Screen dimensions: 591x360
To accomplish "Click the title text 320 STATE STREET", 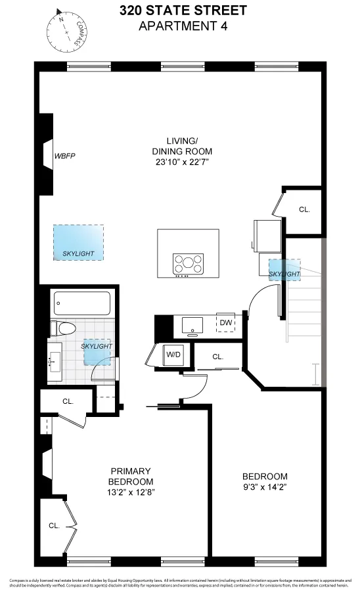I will [x=183, y=11].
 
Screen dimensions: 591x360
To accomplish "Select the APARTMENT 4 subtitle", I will [x=183, y=26].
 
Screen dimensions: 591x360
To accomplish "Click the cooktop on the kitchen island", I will [x=188, y=264].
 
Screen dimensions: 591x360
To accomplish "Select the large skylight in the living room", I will [x=78, y=243].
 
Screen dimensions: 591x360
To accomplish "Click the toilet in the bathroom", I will [x=64, y=329].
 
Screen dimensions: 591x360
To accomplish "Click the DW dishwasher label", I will [x=225, y=322].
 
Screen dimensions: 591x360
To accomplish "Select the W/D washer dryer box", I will [x=173, y=355].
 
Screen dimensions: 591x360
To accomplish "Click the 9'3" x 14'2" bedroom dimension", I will [x=265, y=488].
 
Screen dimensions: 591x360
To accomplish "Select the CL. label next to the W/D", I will [x=218, y=357].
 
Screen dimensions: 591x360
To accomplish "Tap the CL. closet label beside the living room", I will [x=304, y=210].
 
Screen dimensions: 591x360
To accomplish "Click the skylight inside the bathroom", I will [x=96, y=351].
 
